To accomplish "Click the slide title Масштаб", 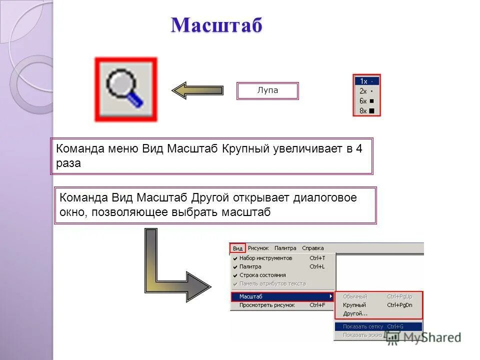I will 216,25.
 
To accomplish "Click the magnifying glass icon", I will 125,89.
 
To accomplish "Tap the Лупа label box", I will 267,91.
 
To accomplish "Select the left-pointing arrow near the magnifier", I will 197,90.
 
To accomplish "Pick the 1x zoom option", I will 366,81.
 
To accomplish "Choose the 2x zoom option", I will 366,91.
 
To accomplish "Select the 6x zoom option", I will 366,101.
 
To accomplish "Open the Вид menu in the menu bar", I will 238,248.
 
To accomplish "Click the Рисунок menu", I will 258,248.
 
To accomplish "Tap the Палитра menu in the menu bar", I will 285,248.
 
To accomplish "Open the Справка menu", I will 312,248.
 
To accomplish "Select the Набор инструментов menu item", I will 265,258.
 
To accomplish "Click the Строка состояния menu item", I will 262,275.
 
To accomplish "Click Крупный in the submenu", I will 354,305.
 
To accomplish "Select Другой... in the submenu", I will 355,313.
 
